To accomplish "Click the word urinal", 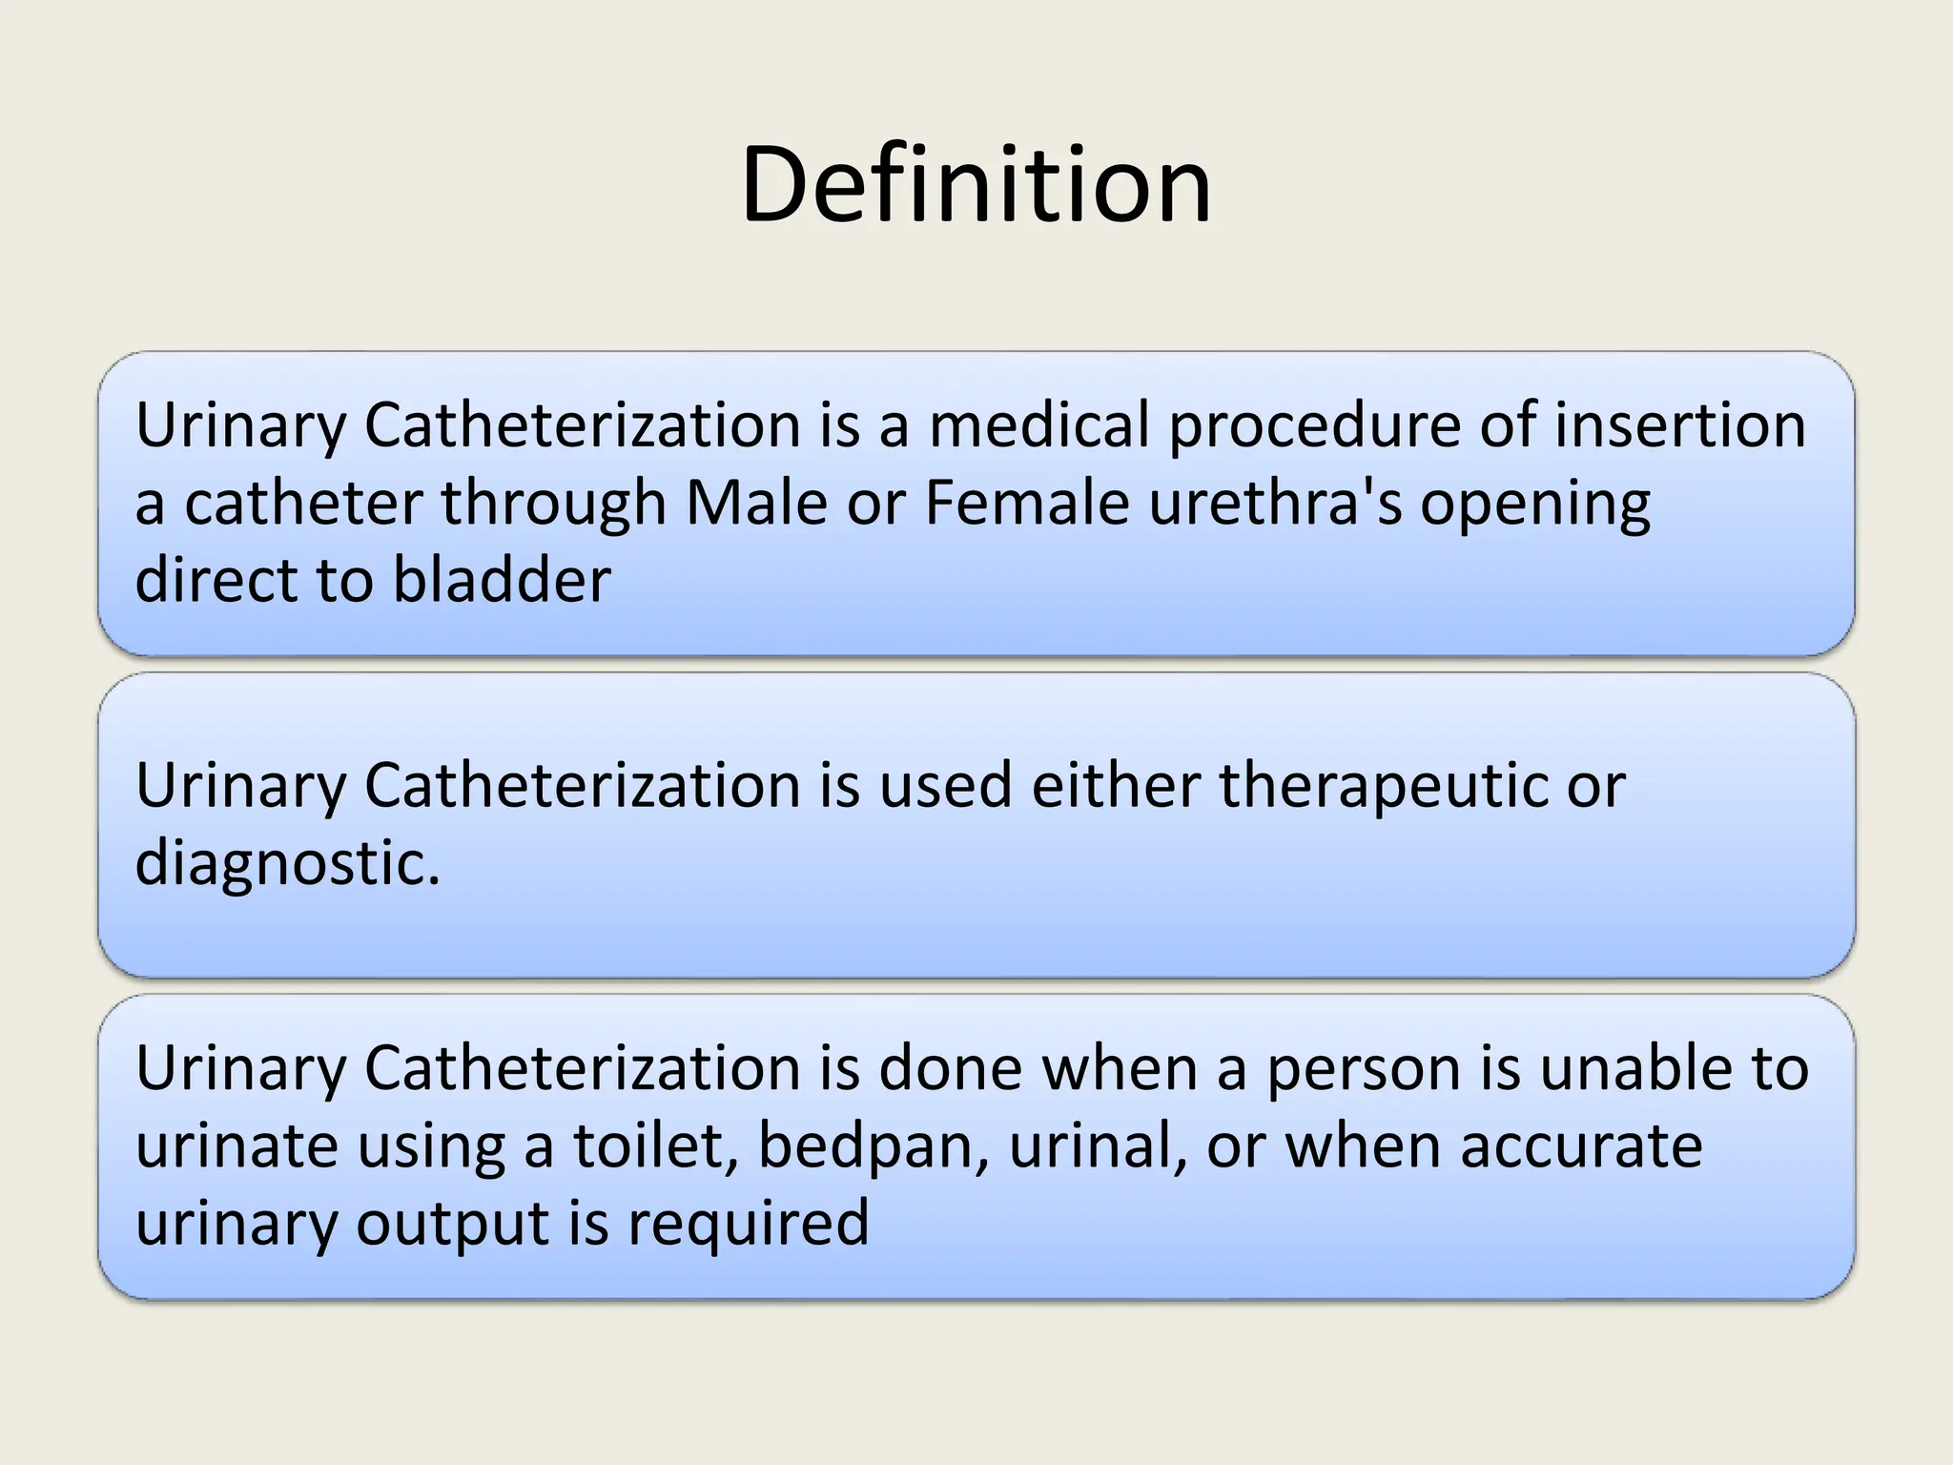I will tap(1098, 1145).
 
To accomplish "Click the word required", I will tap(748, 1225).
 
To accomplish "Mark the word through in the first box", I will tap(553, 505).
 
